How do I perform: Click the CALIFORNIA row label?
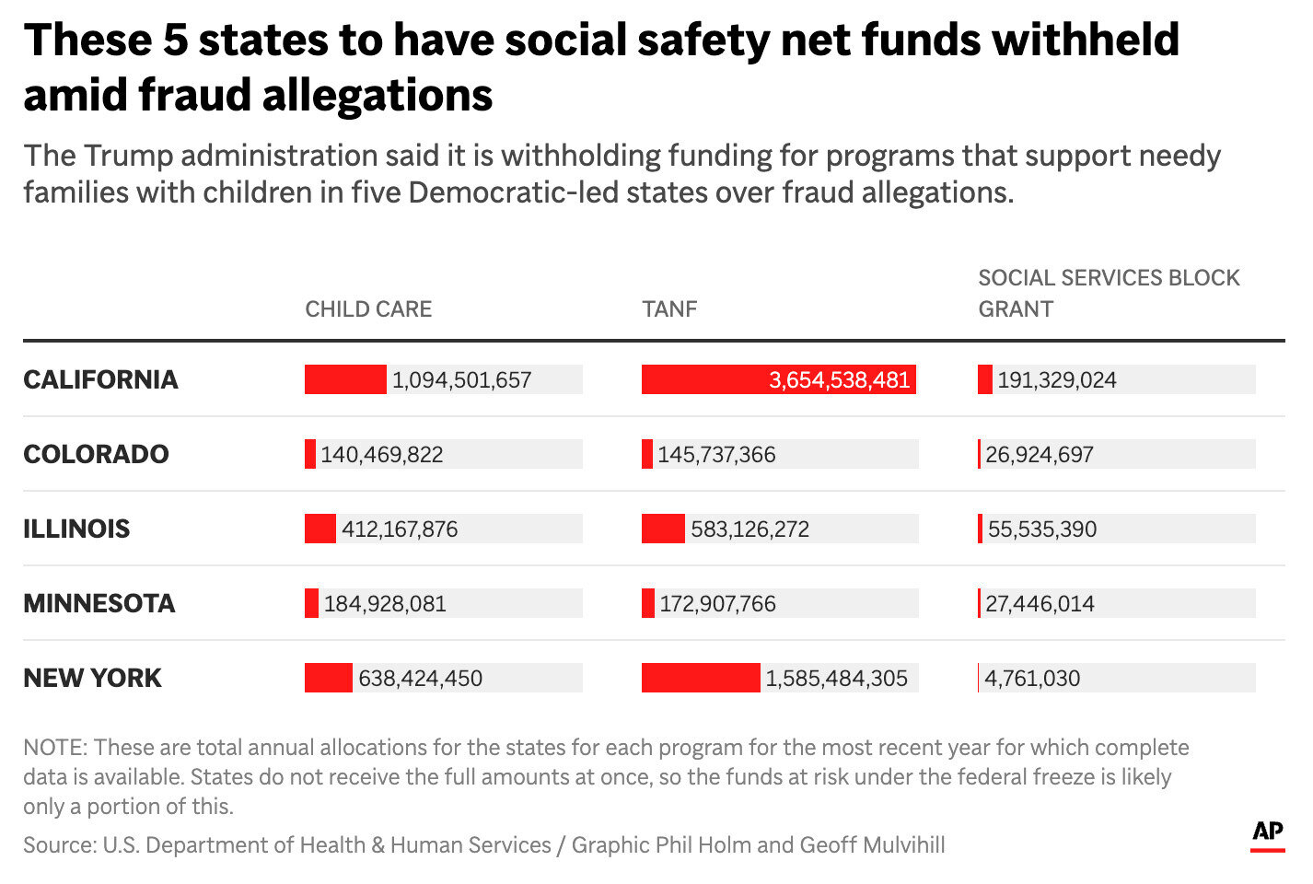point(100,379)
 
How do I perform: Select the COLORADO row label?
point(96,454)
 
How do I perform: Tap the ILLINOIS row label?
point(76,529)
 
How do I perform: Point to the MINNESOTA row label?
point(99,603)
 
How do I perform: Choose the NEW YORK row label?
point(92,678)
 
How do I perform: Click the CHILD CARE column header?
point(368,308)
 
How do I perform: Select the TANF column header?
point(669,308)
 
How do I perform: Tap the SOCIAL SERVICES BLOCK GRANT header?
point(1108,293)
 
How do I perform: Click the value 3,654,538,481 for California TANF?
point(839,379)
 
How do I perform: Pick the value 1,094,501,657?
point(462,379)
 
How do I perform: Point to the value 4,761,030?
point(1032,678)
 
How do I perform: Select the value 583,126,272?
point(749,529)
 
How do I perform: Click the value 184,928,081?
point(385,603)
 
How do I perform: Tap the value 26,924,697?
point(1040,454)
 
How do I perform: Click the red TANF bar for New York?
point(701,678)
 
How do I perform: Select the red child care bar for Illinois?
point(320,529)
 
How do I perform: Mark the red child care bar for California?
point(345,379)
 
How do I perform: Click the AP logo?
point(1268,832)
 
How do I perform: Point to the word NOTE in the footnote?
point(54,747)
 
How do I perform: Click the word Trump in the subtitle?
point(128,156)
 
